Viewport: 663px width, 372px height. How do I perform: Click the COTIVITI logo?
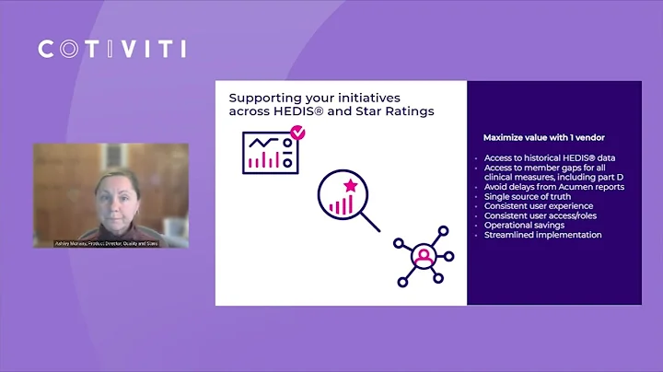[x=111, y=49]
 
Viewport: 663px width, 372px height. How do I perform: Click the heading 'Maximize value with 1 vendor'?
[x=530, y=137]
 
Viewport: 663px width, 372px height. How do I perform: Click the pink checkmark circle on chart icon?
[x=297, y=134]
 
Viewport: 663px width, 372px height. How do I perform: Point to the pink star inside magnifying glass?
[x=350, y=187]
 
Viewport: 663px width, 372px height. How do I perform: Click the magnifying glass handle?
[x=370, y=222]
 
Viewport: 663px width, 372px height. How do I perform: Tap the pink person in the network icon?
[x=423, y=255]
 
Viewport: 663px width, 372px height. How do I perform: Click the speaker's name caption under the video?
[x=111, y=243]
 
